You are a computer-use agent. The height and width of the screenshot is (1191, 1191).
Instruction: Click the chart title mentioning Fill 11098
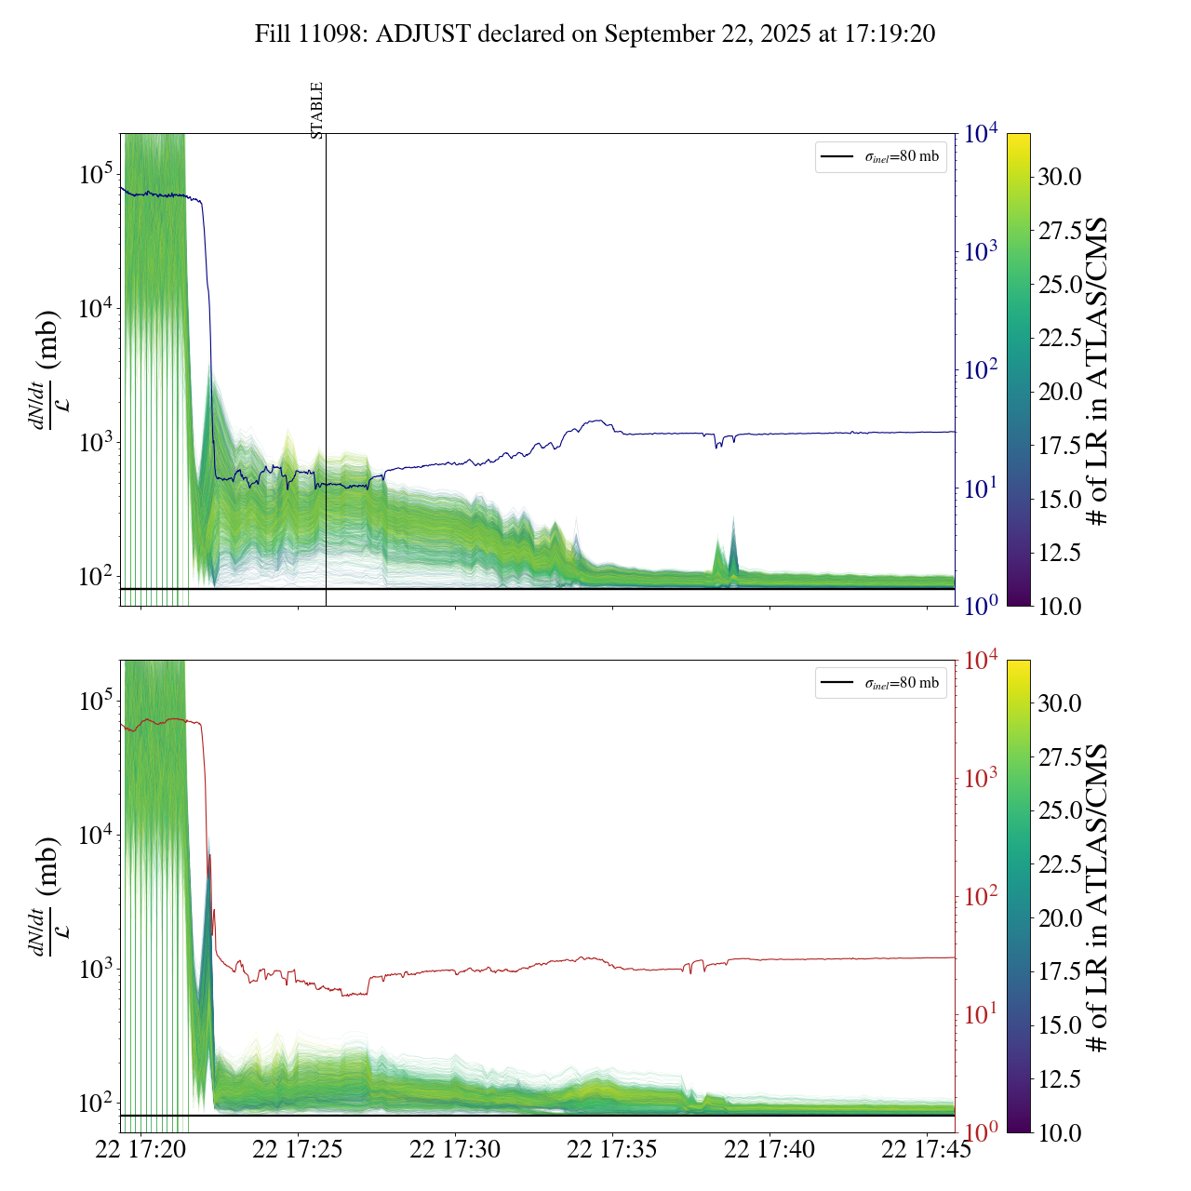coord(595,34)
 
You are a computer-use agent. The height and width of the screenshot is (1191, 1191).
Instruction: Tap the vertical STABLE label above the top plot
coord(317,110)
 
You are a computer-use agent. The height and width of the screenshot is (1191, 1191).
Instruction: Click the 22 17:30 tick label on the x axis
coord(455,1150)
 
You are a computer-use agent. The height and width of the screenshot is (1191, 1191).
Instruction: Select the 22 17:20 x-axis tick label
coord(141,1150)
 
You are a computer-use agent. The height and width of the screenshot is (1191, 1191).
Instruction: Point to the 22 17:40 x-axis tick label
coord(769,1150)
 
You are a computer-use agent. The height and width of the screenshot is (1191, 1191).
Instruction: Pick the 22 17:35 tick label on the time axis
coord(612,1150)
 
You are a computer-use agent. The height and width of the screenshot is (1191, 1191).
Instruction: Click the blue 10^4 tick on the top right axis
coord(982,135)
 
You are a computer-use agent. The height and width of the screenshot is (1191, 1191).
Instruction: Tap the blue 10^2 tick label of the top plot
coord(982,370)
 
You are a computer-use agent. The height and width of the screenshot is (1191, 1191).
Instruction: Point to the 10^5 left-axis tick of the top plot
coord(95,174)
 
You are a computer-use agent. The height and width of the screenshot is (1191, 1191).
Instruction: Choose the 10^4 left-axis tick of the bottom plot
coord(95,835)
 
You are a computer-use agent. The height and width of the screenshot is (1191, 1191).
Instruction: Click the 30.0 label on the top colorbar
coord(1060,177)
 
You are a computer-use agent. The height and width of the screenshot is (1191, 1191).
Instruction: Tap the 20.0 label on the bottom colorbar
coord(1060,918)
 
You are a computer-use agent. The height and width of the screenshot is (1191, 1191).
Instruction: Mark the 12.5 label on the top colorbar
coord(1060,553)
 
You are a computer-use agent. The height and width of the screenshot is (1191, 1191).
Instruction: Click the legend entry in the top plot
coord(881,156)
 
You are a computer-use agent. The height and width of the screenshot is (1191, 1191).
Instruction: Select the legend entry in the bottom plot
coord(881,683)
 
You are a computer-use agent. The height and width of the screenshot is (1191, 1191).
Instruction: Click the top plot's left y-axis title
coord(47,369)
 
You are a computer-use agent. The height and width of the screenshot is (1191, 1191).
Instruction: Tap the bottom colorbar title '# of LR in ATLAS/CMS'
coord(1099,897)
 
